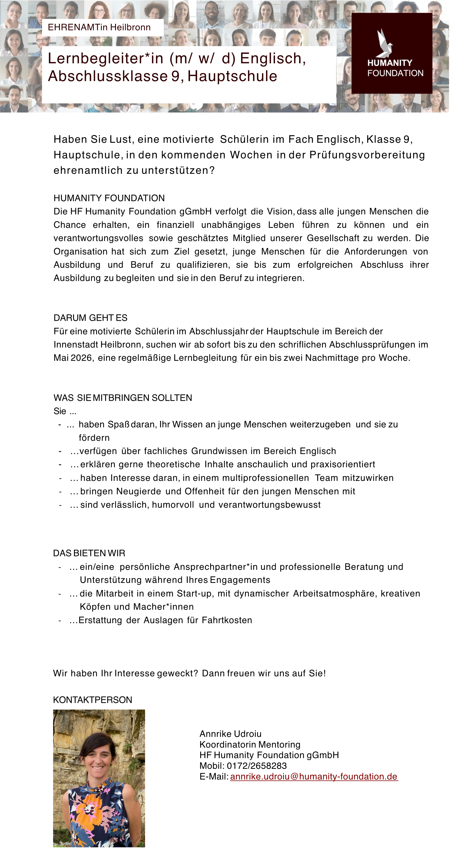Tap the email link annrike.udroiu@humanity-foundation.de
click(314, 777)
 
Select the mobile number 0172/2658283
click(257, 766)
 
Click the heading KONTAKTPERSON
click(92, 700)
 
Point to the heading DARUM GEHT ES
click(90, 318)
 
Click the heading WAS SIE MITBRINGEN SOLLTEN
click(122, 398)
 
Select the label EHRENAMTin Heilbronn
click(99, 27)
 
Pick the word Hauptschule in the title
click(232, 76)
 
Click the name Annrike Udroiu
click(230, 734)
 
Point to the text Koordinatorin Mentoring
click(250, 744)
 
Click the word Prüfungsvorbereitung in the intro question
click(367, 155)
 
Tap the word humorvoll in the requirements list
click(173, 505)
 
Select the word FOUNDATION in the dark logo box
click(395, 73)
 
